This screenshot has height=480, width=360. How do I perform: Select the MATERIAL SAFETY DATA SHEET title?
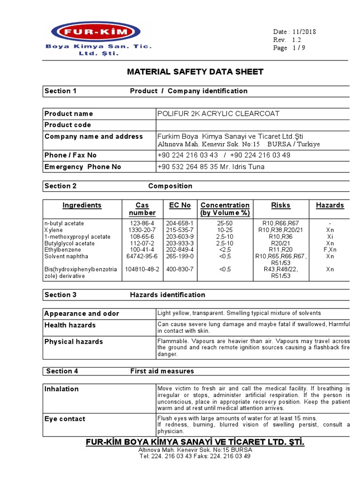click(195, 72)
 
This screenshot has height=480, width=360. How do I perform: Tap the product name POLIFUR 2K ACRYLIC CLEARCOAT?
click(218, 113)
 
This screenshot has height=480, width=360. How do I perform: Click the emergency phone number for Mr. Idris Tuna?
click(211, 167)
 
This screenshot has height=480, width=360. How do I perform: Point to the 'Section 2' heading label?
click(60, 186)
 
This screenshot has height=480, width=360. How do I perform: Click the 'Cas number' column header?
click(142, 209)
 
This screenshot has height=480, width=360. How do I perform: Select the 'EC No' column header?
click(180, 205)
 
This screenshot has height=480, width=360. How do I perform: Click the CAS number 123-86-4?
click(141, 224)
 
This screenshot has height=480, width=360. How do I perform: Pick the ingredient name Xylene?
click(53, 230)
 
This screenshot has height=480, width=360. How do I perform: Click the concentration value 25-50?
click(225, 224)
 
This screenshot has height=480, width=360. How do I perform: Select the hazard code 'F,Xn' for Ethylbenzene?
click(330, 250)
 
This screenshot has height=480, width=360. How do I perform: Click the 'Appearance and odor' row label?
click(82, 314)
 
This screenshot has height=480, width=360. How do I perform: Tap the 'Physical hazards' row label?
click(74, 342)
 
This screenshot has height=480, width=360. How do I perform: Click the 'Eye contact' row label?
click(65, 419)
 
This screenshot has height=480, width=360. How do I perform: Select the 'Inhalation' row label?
click(61, 389)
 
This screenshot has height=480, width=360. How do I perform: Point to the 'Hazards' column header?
click(330, 205)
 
